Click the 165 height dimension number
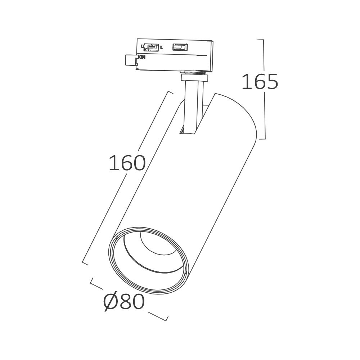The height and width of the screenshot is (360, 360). [x=259, y=82]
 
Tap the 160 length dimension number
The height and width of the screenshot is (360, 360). [x=127, y=164]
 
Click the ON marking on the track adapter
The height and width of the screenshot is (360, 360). [x=142, y=57]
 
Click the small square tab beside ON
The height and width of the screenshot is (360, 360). [x=130, y=60]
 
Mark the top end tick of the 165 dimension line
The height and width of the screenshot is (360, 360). [x=262, y=40]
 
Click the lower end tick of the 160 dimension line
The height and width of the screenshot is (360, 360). [x=85, y=263]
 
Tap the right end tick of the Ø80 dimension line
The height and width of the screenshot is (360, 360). [x=166, y=318]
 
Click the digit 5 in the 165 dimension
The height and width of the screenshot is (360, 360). [x=271, y=82]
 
